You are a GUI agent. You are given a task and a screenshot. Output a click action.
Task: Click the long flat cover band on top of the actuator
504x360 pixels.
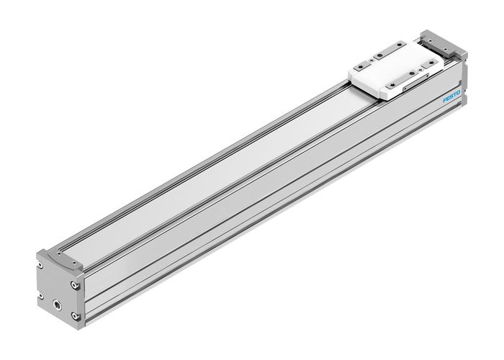click(x=216, y=166)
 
